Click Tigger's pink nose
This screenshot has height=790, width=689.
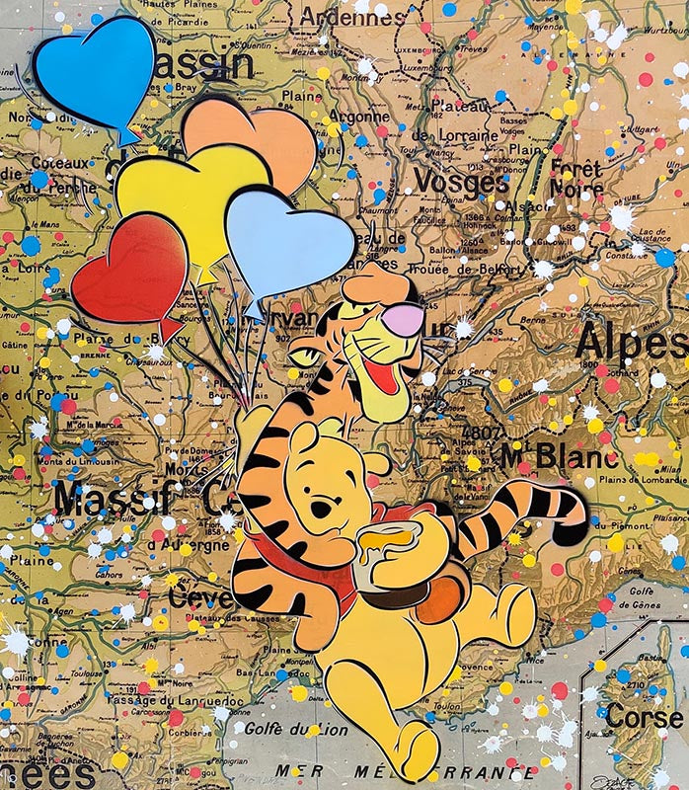[x=405, y=317]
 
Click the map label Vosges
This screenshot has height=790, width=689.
[x=460, y=181]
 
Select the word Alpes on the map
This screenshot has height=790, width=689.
[x=632, y=343]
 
